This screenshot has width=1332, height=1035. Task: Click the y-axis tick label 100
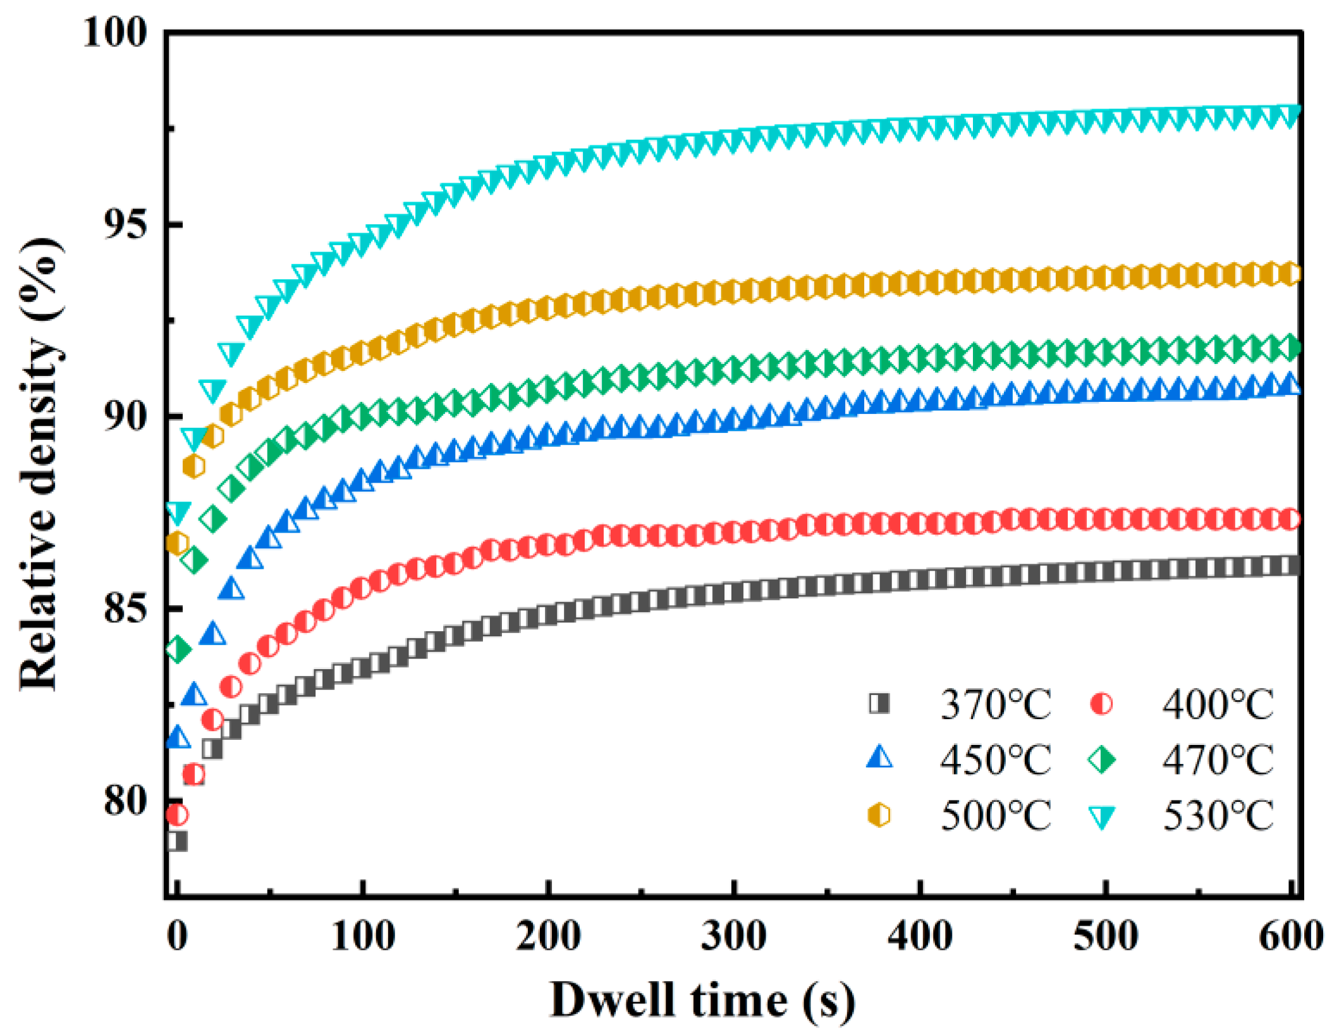coord(114,32)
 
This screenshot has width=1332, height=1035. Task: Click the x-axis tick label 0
coord(177,936)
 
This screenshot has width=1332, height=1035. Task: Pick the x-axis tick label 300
coord(733,936)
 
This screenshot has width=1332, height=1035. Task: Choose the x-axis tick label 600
coord(1290,936)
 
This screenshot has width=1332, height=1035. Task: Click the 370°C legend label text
coord(996,704)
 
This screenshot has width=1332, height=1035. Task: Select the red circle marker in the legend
coord(1101,703)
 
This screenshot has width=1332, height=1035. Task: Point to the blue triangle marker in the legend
coord(879,758)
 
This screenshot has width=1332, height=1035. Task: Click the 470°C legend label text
coord(1218,759)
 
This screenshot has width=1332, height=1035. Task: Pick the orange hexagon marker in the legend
coord(879,814)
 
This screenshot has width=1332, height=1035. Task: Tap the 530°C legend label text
coord(1218,815)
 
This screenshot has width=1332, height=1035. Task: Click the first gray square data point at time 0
coord(177,841)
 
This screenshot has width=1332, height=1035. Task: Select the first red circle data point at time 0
coord(177,814)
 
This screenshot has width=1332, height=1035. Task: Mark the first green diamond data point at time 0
coord(177,649)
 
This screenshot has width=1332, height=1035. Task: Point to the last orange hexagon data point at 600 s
coord(1290,274)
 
